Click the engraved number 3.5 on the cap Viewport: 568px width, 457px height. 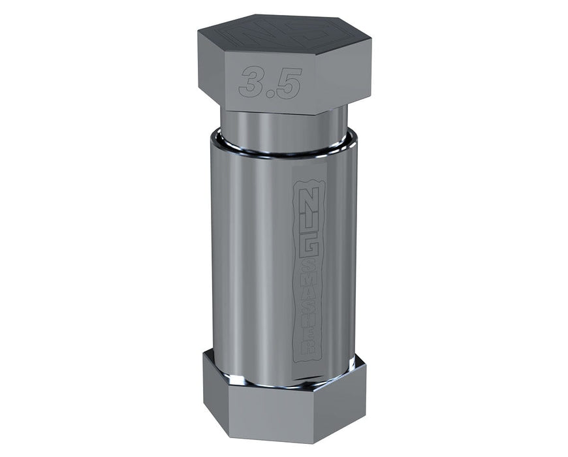tap(270, 82)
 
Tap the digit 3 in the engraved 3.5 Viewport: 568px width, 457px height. tap(252, 81)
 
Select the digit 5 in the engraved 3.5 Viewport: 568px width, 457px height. tap(288, 84)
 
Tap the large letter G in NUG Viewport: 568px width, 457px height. tap(308, 245)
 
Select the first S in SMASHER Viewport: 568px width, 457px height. tap(308, 264)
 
